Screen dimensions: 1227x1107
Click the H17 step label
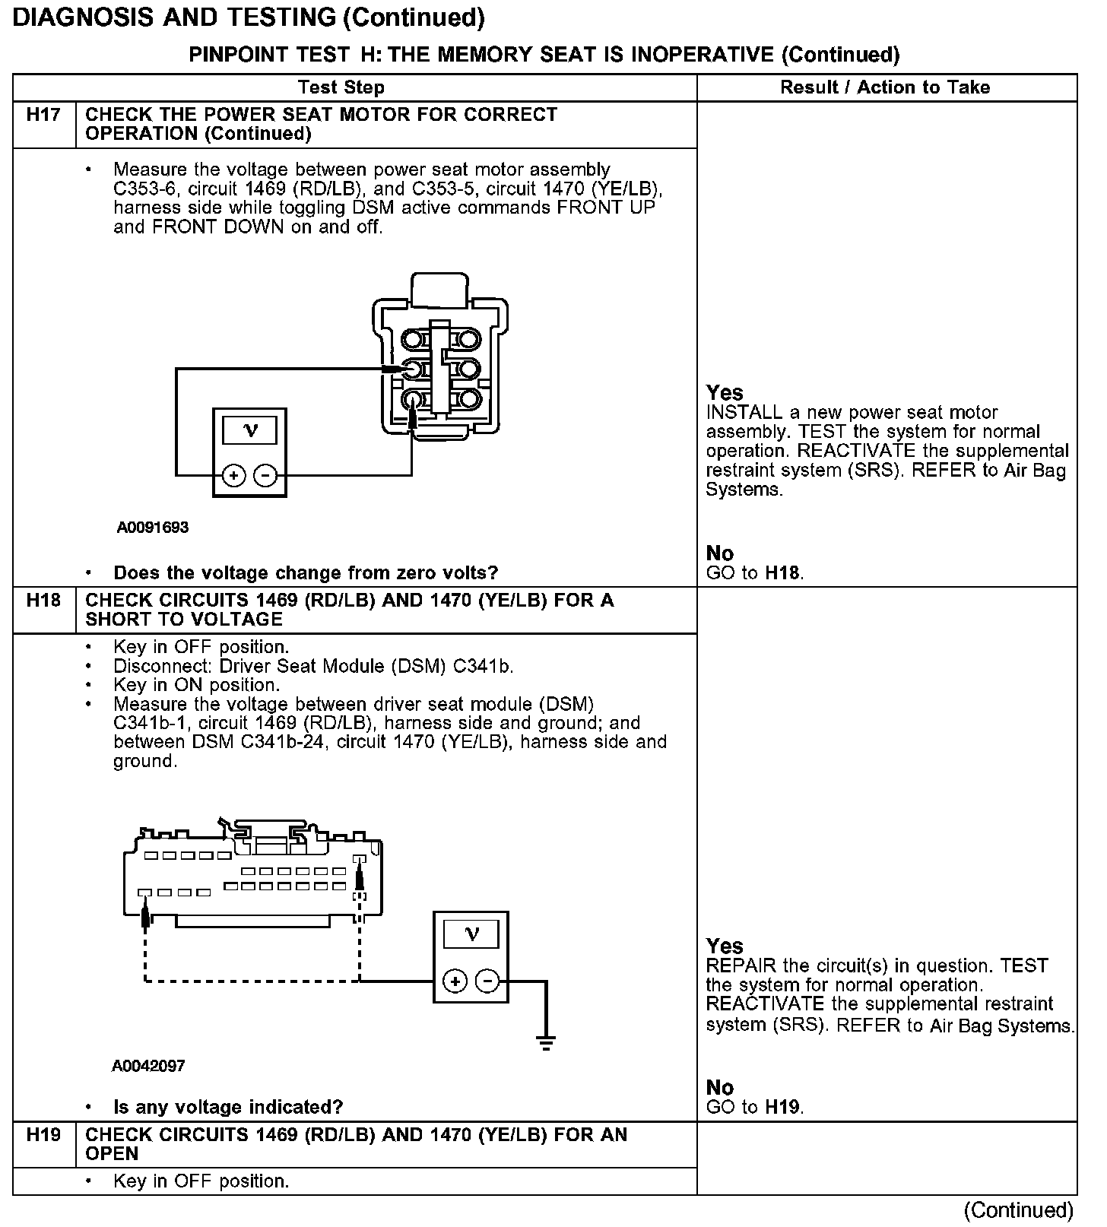point(43,115)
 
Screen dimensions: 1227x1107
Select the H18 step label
point(43,601)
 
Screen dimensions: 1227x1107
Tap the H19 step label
point(43,1135)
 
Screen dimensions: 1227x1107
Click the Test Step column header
point(341,87)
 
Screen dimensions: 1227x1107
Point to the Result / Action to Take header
point(885,87)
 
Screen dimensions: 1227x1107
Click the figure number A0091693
point(152,528)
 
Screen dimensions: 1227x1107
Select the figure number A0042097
point(148,1066)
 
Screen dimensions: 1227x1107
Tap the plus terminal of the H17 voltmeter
point(234,476)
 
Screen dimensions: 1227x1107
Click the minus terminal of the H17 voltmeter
point(265,476)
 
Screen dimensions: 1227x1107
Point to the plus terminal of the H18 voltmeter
point(455,981)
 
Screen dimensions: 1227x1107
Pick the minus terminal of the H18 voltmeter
point(487,981)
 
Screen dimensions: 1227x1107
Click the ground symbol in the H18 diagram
point(545,1042)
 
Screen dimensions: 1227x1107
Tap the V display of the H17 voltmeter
point(249,431)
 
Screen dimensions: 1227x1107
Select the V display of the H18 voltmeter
point(471,934)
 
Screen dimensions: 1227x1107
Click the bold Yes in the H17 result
point(724,392)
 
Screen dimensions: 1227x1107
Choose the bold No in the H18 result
point(719,1087)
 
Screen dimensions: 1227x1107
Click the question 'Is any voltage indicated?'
point(228,1107)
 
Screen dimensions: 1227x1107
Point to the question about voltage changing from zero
point(306,572)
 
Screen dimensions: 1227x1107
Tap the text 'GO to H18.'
point(754,573)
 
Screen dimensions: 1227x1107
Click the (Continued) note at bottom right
point(1019,1210)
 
